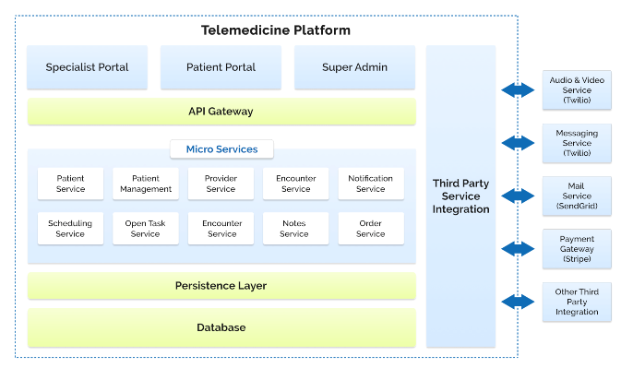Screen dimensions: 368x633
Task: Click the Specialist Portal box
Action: tap(87, 67)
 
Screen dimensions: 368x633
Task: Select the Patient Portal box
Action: tap(221, 67)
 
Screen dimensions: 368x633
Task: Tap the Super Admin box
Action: tap(354, 67)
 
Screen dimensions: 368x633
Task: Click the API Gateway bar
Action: tap(221, 112)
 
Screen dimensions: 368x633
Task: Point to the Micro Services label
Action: tap(221, 148)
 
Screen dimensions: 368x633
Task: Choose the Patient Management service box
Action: tap(146, 184)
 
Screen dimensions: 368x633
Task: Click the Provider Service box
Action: tap(221, 184)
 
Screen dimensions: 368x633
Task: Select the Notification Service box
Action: tap(370, 184)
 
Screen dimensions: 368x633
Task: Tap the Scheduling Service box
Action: tap(70, 229)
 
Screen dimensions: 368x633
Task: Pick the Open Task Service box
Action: tap(146, 229)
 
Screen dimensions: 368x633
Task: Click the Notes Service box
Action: tap(295, 229)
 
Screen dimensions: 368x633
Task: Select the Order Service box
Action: tap(370, 229)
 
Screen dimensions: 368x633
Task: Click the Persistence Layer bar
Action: tap(221, 286)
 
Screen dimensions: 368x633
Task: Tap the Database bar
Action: tap(221, 327)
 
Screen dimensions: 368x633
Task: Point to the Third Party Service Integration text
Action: tap(460, 196)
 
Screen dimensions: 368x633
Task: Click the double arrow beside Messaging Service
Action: tap(519, 143)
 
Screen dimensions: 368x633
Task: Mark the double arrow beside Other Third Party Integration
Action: tap(519, 302)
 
